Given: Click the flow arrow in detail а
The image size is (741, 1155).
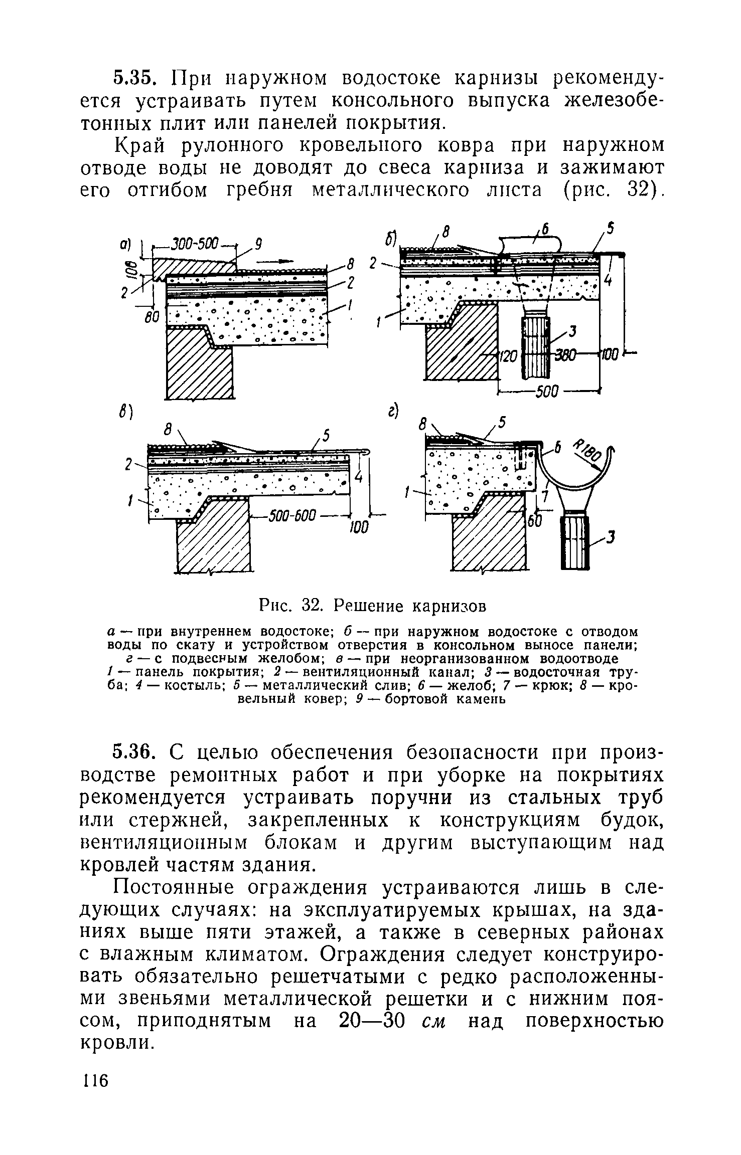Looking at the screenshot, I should (x=278, y=261).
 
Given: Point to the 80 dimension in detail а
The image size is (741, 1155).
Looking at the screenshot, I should (x=151, y=318).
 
